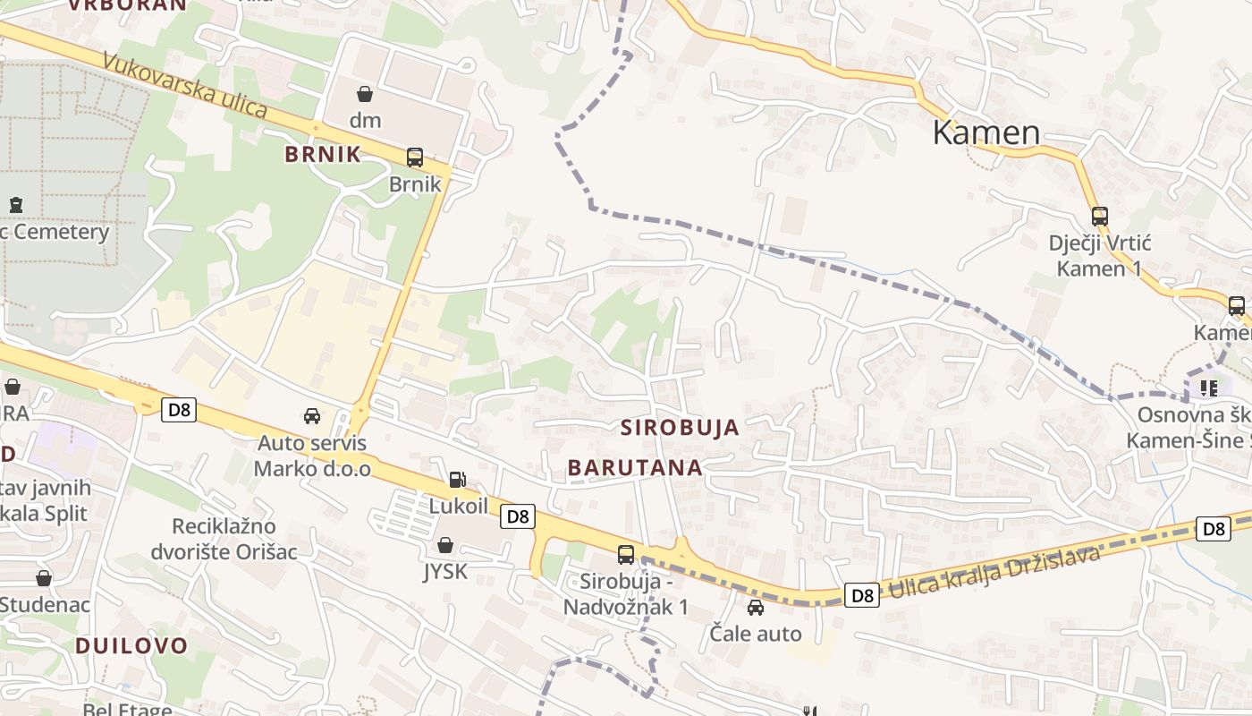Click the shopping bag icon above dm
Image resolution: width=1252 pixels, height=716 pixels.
click(365, 94)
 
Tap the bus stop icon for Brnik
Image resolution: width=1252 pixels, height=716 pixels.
click(415, 158)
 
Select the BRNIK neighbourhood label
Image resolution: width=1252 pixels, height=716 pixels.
click(323, 154)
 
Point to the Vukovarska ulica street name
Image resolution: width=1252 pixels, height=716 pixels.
click(185, 86)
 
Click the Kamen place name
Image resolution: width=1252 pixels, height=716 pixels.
click(986, 132)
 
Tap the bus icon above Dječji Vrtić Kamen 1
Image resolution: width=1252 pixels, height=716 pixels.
click(1099, 216)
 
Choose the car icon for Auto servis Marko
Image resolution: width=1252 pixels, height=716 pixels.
click(312, 416)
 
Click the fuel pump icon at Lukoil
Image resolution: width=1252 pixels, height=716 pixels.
click(458, 480)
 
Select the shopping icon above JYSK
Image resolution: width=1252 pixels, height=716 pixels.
click(445, 545)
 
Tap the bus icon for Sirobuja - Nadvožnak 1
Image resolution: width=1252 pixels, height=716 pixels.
click(626, 554)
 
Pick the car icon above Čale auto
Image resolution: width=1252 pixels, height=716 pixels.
click(756, 608)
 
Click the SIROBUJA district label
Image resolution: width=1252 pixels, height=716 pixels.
click(680, 428)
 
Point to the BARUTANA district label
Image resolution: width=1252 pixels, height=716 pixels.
click(635, 467)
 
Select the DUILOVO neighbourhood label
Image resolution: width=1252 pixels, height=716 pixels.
click(131, 645)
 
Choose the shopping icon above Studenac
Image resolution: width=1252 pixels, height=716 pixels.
click(44, 578)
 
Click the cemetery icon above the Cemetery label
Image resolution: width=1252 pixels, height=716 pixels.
click(15, 205)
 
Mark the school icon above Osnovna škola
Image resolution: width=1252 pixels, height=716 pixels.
click(1209, 388)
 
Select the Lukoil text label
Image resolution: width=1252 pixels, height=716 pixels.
click(459, 506)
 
